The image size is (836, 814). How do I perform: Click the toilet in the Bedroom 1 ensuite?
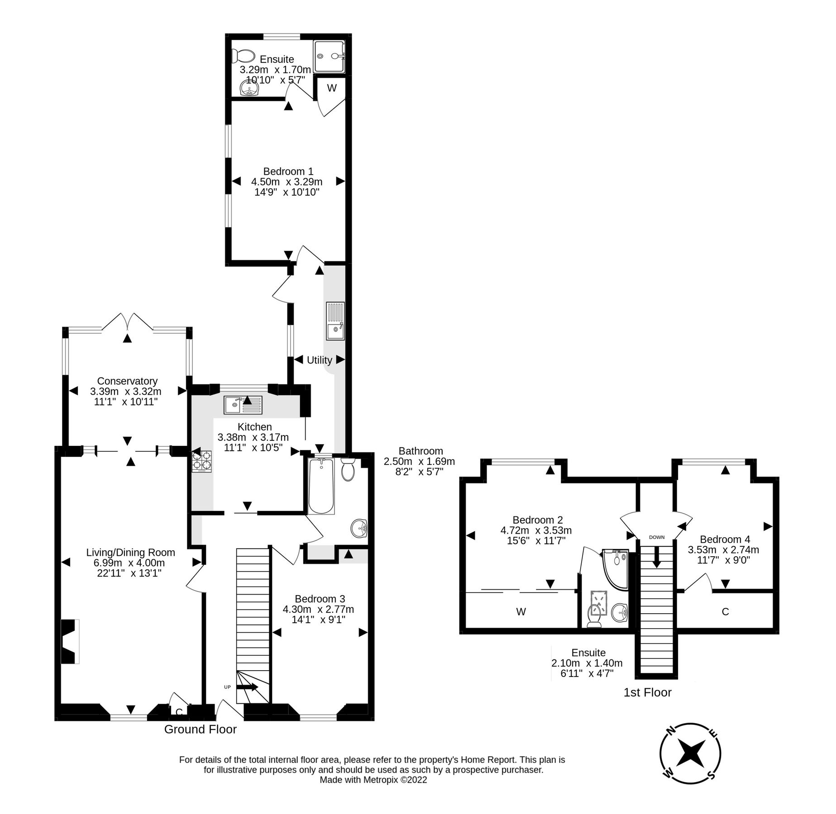[x=243, y=57]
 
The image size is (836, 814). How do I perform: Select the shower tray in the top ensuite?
[x=329, y=56]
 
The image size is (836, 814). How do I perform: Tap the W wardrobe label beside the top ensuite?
[x=332, y=88]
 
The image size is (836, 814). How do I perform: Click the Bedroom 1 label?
[x=288, y=171]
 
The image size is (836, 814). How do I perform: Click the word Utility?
[x=319, y=360]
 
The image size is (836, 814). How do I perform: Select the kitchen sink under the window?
[x=243, y=405]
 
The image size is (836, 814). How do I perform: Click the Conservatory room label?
[x=127, y=381]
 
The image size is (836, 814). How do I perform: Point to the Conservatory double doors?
[x=127, y=322]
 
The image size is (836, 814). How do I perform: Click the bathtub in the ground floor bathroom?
[x=321, y=486]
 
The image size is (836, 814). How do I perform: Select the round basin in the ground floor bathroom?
[x=359, y=528]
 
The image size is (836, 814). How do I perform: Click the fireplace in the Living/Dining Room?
[x=69, y=641]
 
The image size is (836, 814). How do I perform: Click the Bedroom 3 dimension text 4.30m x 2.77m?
[x=318, y=609]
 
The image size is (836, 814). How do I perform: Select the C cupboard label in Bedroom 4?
[x=725, y=612]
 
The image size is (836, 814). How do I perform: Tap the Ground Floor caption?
[x=200, y=729]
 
